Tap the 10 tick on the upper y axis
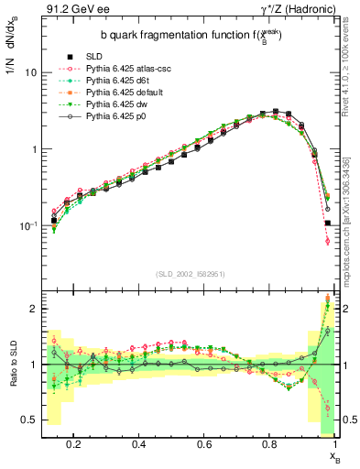[30, 71]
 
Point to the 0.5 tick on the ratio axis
[30, 420]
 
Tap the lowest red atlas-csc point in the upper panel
[327, 241]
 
